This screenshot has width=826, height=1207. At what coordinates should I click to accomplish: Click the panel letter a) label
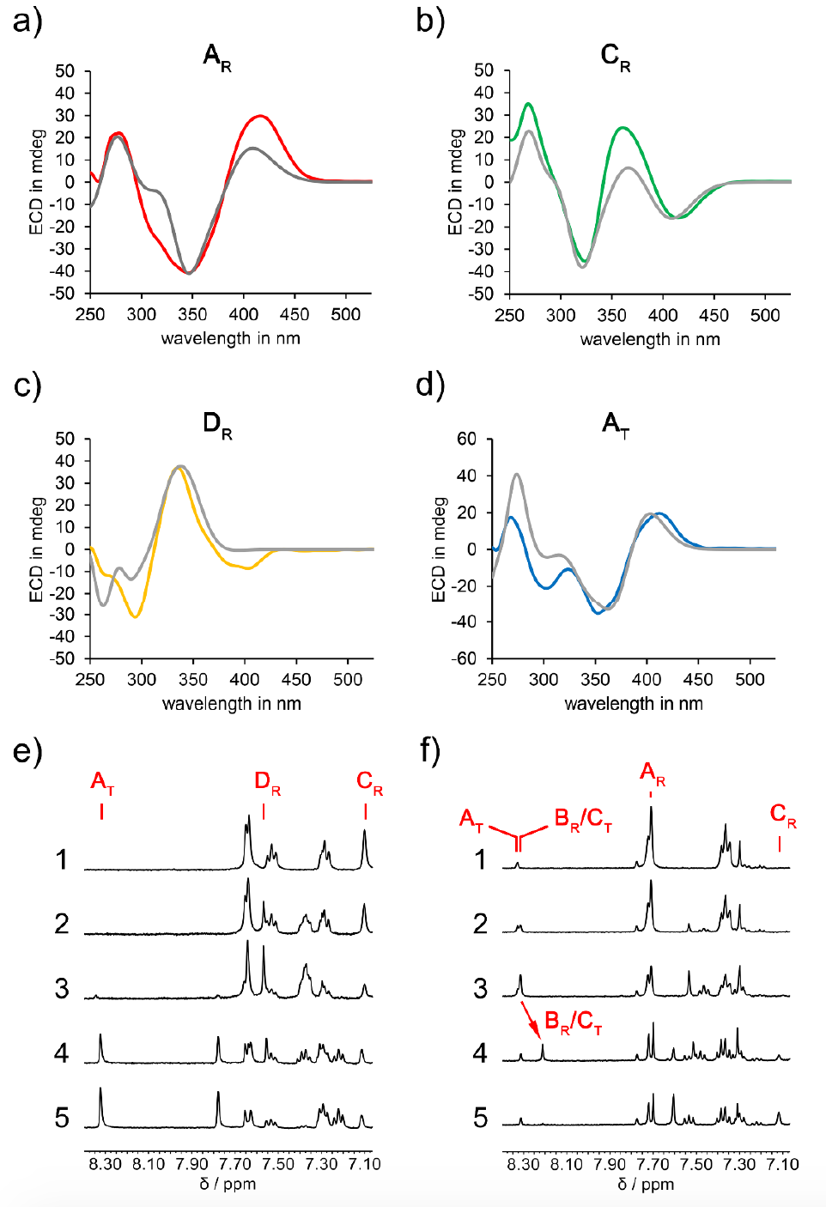27,21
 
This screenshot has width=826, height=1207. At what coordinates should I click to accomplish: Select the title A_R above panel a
217,58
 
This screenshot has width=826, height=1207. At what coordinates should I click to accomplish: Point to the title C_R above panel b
615,58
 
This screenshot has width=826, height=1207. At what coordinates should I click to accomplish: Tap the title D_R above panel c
217,424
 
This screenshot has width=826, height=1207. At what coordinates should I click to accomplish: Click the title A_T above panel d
615,424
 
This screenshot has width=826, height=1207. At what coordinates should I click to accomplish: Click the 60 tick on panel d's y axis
466,439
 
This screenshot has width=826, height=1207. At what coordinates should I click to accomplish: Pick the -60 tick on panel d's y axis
464,658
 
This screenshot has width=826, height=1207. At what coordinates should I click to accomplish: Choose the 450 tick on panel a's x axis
295,315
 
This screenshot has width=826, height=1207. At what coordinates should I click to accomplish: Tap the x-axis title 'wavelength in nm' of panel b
650,339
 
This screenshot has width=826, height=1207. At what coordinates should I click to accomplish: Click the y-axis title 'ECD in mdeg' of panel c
36,549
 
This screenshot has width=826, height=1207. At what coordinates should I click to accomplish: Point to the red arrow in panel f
532,1021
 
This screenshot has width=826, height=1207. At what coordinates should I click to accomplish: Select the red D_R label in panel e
267,783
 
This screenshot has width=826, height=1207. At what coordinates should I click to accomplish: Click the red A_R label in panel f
653,773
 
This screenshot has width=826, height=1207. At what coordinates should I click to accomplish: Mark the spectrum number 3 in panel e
62,988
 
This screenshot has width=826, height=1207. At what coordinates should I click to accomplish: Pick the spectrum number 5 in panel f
481,1118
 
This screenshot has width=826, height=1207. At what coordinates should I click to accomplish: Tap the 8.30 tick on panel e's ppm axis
106,1164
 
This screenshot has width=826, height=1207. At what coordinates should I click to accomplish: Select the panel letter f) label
430,750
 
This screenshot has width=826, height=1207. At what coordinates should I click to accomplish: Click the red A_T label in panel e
102,783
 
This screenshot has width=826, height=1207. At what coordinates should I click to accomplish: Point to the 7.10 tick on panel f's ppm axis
783,1164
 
